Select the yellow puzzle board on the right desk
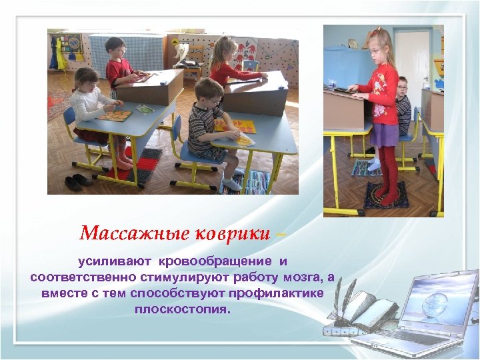coord(235,125)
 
